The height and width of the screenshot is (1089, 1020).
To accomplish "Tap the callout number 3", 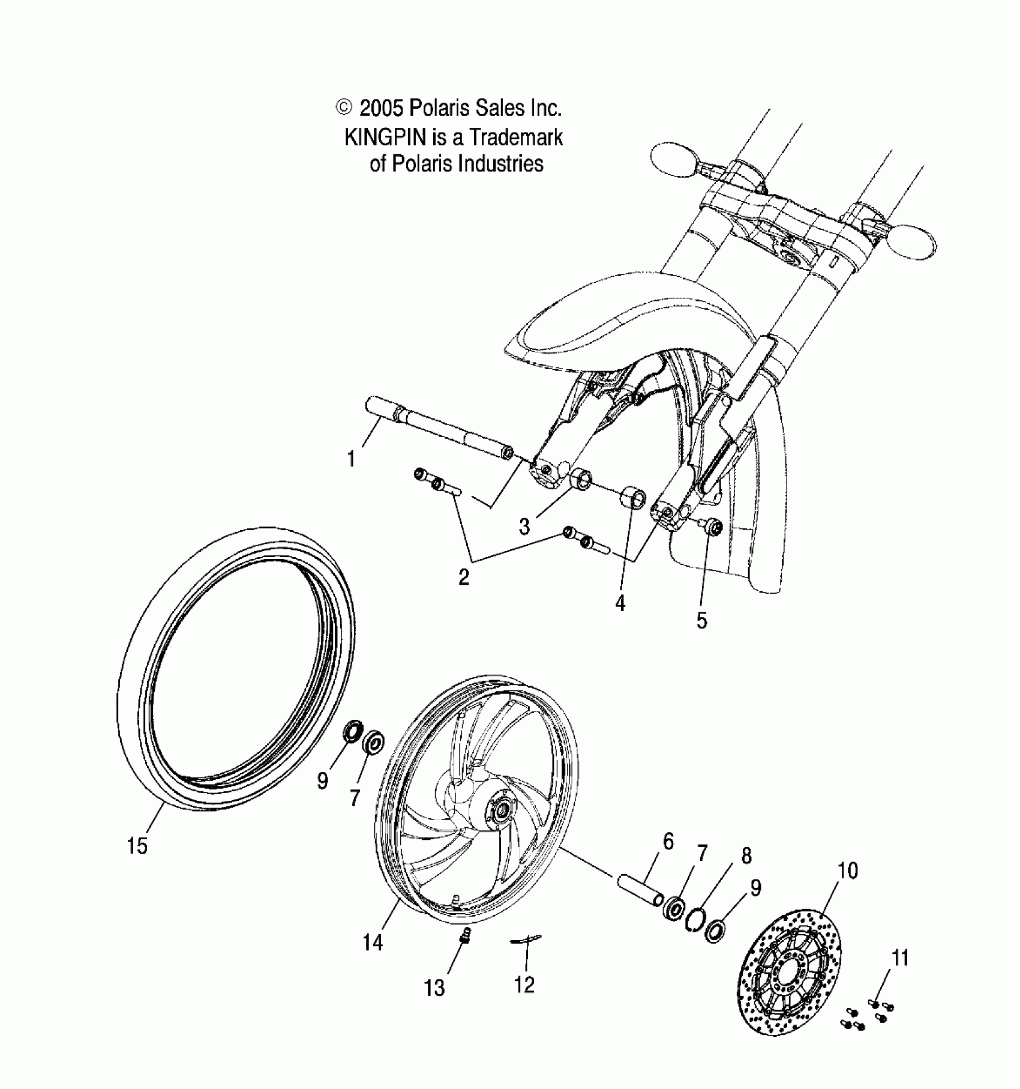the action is [524, 526].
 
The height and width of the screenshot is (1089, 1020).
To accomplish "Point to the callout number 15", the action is [137, 846].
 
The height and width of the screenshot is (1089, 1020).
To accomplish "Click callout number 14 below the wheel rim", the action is [373, 943].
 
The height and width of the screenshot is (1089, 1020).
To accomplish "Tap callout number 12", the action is [524, 985].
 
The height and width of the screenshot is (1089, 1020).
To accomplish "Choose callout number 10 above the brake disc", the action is [848, 870].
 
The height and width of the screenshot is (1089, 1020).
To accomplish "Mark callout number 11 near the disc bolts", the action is [900, 958].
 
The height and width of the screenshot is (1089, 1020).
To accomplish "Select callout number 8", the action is [746, 856].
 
